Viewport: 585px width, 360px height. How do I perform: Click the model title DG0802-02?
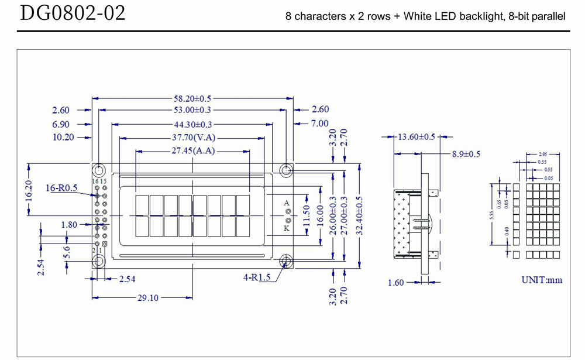(73, 14)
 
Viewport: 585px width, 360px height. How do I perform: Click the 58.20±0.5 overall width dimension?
(192, 98)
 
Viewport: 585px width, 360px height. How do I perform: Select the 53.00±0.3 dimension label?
(192, 111)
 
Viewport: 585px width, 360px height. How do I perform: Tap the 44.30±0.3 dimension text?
(192, 124)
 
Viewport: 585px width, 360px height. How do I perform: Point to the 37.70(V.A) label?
(192, 138)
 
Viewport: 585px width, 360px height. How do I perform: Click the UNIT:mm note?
(542, 280)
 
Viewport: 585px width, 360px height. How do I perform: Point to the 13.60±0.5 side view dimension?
(417, 137)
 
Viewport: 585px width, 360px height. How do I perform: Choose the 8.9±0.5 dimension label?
(466, 154)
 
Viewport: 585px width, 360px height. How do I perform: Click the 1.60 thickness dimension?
(396, 283)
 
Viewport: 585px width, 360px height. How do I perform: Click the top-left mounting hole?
(99, 170)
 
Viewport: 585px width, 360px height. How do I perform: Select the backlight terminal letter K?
(287, 228)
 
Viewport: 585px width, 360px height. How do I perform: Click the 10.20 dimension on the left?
(63, 138)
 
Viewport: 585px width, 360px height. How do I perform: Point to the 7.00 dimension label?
(320, 124)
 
